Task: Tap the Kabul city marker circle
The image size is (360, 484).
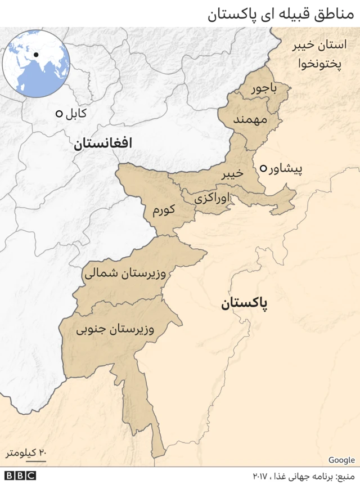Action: click(x=58, y=114)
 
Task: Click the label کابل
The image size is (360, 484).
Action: click(x=76, y=114)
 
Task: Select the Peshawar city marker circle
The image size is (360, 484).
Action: click(x=263, y=168)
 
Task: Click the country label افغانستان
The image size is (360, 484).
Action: click(x=102, y=144)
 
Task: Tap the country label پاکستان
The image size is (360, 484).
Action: click(x=244, y=304)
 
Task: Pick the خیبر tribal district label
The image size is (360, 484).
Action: click(x=232, y=174)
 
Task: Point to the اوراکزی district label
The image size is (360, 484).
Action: click(x=211, y=199)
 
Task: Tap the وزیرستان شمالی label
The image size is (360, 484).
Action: click(x=125, y=274)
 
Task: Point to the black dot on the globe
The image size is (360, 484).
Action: click(x=35, y=55)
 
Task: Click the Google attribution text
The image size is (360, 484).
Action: click(x=341, y=460)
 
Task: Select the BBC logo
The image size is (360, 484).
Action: click(x=20, y=476)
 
